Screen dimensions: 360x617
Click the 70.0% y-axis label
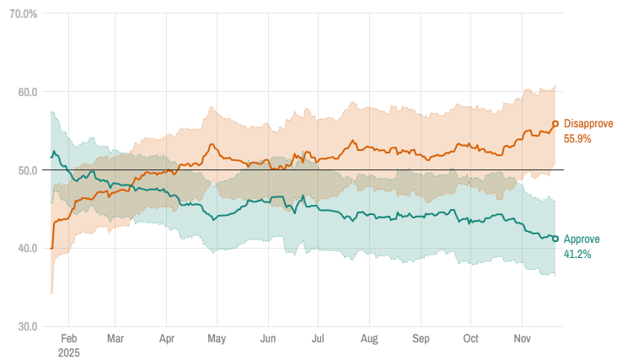[x=22, y=14]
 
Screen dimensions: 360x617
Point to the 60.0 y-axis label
[x=28, y=92]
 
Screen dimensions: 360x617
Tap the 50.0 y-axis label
[x=28, y=170]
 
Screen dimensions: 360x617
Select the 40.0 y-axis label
[x=28, y=248]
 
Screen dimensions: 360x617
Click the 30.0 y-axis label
[x=28, y=326]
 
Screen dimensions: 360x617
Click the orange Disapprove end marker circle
[x=555, y=124]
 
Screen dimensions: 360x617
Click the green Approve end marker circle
[x=555, y=239]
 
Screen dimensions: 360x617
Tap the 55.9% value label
[x=577, y=138]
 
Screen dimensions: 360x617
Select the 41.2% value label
[x=577, y=254]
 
